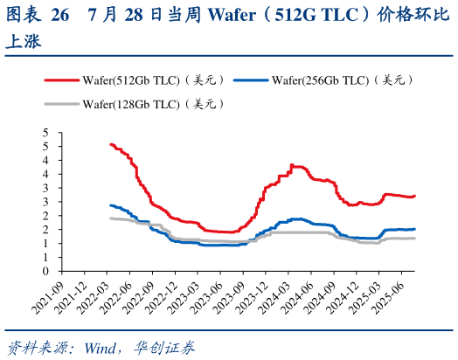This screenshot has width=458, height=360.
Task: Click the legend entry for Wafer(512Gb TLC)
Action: (155, 80)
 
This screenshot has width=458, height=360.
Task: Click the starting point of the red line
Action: (110, 144)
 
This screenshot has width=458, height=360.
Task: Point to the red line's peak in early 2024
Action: (293, 165)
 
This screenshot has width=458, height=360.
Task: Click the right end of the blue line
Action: (414, 229)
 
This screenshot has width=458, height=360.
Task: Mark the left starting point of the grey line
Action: (110, 218)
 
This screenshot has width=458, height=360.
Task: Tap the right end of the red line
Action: (414, 196)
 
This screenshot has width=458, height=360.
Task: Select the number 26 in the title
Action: (59, 15)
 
